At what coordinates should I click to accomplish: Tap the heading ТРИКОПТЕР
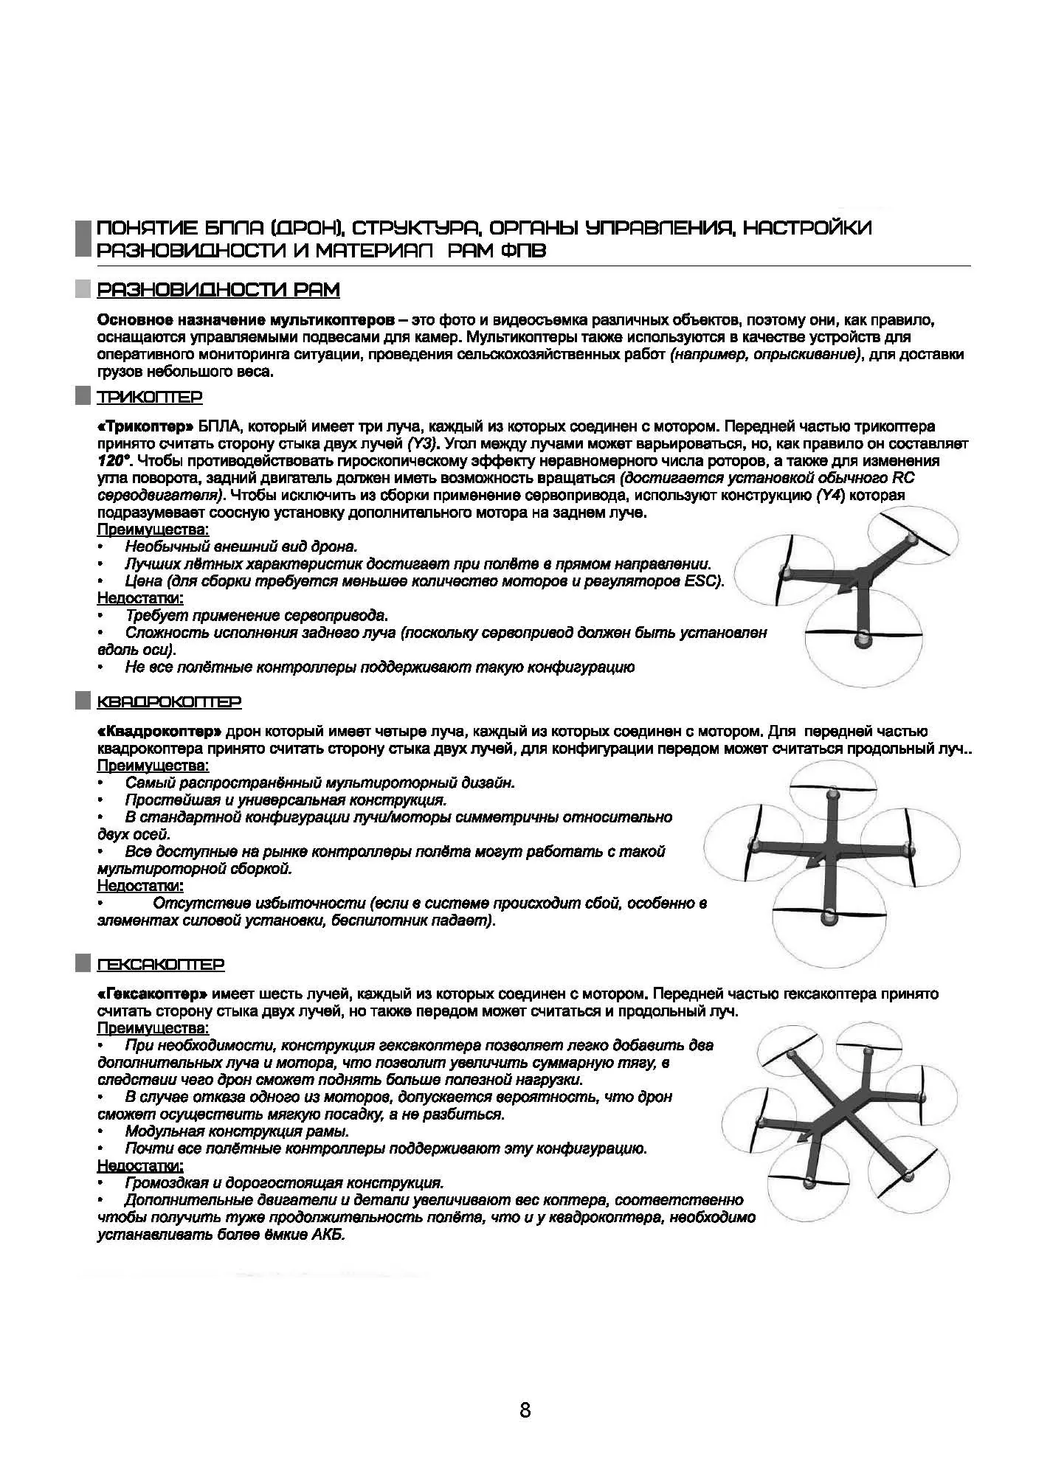(x=150, y=398)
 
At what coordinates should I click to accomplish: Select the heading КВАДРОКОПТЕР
(x=169, y=701)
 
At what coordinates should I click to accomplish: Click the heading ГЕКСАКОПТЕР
(x=161, y=965)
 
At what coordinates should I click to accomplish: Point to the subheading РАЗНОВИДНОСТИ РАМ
(x=218, y=291)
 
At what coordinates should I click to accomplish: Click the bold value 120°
(x=114, y=461)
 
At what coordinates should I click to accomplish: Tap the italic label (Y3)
(x=423, y=444)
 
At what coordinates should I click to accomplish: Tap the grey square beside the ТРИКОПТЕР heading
(x=83, y=398)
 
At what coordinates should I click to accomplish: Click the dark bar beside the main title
(x=83, y=237)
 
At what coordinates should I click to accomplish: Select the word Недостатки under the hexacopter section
(x=140, y=1166)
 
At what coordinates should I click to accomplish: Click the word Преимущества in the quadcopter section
(x=153, y=766)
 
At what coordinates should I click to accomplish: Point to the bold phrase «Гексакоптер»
(x=152, y=994)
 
